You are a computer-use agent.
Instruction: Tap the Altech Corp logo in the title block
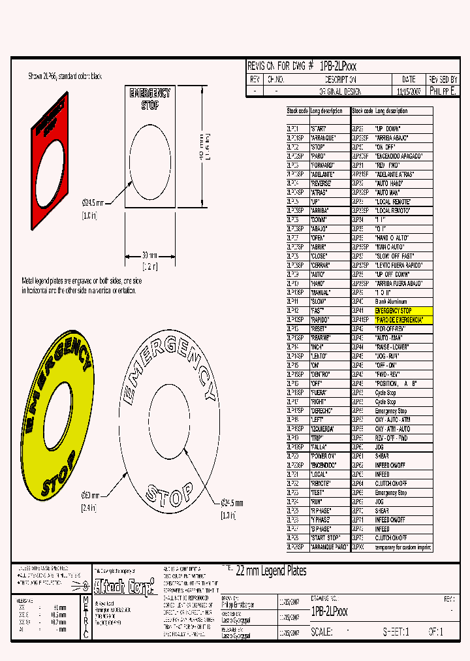(x=125, y=586)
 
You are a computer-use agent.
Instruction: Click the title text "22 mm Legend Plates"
(x=270, y=571)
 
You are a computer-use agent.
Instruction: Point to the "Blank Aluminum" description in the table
(x=392, y=302)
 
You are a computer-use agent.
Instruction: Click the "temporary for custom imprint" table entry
(x=403, y=547)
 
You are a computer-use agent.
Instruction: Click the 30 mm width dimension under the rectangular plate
(x=149, y=255)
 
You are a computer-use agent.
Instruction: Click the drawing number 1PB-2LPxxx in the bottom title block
(x=330, y=611)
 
